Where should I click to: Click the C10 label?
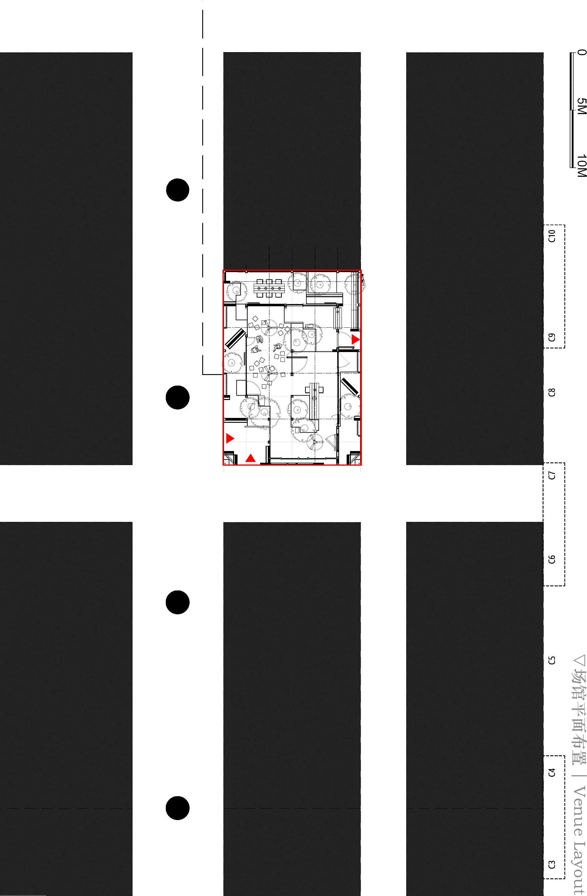(551, 236)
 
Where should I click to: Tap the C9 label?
(551, 337)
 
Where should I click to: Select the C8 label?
(551, 392)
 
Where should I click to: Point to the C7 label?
(551, 475)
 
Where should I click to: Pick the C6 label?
(551, 560)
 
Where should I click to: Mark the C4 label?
(551, 772)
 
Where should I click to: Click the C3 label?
(551, 865)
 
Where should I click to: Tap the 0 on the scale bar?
(581, 52)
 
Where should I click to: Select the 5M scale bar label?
(581, 106)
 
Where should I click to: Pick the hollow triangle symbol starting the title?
(579, 661)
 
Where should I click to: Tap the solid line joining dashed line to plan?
(213, 375)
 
